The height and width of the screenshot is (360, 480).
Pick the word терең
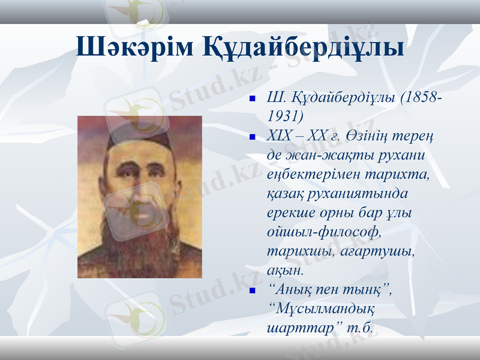[418, 136]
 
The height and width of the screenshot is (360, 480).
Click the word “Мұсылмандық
[322, 309]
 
